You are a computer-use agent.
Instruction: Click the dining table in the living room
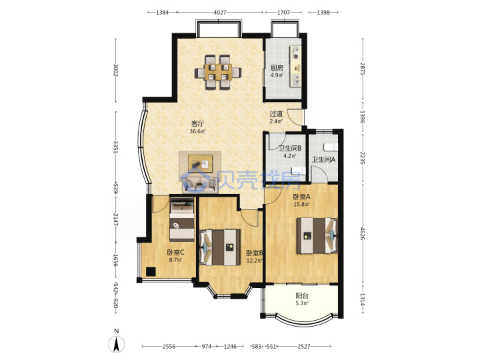coord(218,72)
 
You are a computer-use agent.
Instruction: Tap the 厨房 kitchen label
coord(277,68)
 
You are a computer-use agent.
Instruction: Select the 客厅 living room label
coord(197,124)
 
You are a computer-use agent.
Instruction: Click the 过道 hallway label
coord(276,113)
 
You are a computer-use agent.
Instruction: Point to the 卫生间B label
coord(290,149)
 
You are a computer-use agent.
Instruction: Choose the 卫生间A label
coord(323,159)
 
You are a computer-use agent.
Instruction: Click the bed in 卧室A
coord(317,235)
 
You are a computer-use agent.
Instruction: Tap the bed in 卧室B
coord(220,247)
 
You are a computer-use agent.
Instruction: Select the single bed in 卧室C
coord(182,219)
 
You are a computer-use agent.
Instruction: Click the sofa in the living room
coord(200,185)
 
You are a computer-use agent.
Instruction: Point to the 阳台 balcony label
coord(302,296)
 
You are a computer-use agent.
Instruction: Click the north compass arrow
coord(116,344)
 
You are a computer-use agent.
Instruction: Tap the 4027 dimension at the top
coord(220,13)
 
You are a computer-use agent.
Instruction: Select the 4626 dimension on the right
coord(363,233)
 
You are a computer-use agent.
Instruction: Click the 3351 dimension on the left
coord(116,147)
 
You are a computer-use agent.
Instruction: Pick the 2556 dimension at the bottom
coord(169,347)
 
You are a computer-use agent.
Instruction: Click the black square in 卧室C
coord(151,271)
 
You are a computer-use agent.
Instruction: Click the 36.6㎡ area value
coord(197,131)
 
